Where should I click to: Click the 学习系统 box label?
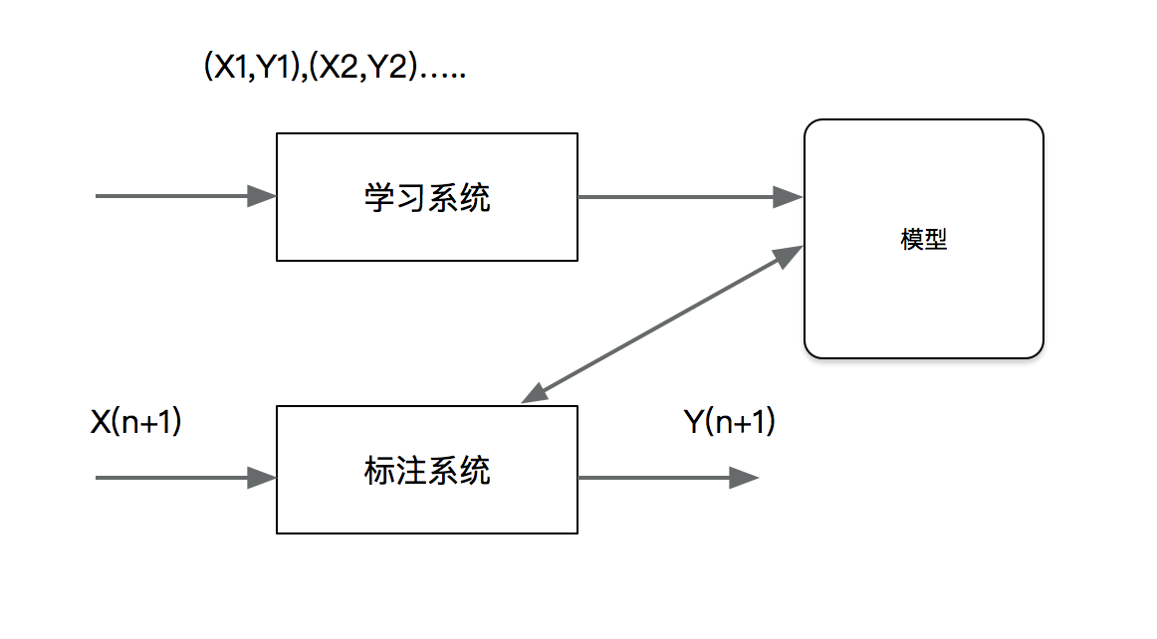[x=426, y=198]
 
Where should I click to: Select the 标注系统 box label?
[x=426, y=470]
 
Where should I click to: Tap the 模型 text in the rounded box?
[x=923, y=240]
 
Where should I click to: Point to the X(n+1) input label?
[x=135, y=422]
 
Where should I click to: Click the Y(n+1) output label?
[x=729, y=422]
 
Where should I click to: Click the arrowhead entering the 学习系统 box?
[x=262, y=196]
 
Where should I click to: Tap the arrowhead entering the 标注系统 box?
[x=262, y=479]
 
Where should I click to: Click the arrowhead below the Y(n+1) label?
[x=744, y=479]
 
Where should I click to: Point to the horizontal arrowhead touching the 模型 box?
[x=790, y=197]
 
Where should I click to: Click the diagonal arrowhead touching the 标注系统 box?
[x=536, y=393]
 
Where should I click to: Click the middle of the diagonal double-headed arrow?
[x=662, y=323]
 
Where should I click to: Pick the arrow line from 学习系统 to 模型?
[x=677, y=197]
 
